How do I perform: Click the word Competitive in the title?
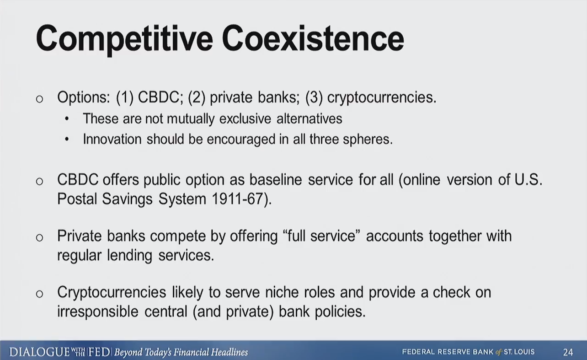(x=124, y=39)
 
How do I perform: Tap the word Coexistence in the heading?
(x=313, y=38)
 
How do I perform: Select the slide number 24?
(x=568, y=352)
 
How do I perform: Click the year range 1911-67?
(x=237, y=199)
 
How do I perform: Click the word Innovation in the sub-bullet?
(x=112, y=139)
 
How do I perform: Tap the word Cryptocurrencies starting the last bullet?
(x=112, y=293)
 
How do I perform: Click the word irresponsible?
(x=98, y=312)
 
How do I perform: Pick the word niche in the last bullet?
(x=282, y=292)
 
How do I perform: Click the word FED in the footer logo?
(x=99, y=352)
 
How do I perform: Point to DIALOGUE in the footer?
(x=39, y=352)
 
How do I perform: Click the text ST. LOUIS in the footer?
(x=519, y=352)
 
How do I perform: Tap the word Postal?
(x=77, y=199)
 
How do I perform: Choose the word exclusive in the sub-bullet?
(x=245, y=118)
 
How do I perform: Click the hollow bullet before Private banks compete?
(x=40, y=237)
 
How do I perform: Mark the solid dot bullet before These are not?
(x=67, y=119)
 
